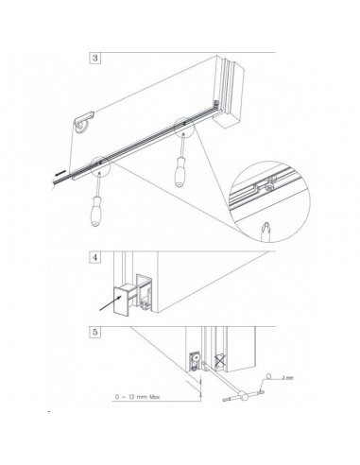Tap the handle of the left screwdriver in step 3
[97, 214]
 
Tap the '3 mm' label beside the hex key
[289, 375]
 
